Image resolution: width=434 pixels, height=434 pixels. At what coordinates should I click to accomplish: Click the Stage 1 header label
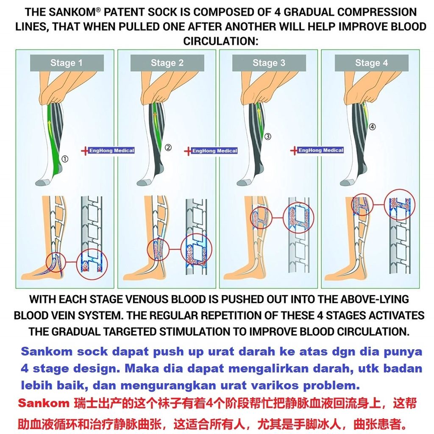[x=66, y=63]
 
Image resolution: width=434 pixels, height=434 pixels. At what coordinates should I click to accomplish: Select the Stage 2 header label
[x=167, y=63]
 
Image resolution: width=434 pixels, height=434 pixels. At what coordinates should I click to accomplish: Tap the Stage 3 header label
[x=269, y=63]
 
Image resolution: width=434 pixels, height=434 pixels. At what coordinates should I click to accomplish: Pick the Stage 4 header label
[x=371, y=63]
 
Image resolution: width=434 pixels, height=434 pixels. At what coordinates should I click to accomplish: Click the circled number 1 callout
[x=65, y=159]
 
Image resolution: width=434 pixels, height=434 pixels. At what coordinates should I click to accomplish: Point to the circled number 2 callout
[x=168, y=148]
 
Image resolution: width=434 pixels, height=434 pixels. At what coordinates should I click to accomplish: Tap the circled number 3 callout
[x=268, y=136]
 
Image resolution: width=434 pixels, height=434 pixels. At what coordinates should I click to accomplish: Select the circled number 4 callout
[x=372, y=126]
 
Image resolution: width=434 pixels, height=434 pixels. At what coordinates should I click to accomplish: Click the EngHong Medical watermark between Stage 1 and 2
[x=111, y=150]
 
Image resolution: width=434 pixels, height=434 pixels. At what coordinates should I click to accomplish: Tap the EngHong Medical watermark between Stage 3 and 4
[x=320, y=150]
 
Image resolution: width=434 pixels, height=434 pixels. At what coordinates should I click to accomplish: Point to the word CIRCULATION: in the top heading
[x=221, y=41]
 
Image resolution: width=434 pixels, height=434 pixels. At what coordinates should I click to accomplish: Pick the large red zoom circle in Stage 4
[x=400, y=204]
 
